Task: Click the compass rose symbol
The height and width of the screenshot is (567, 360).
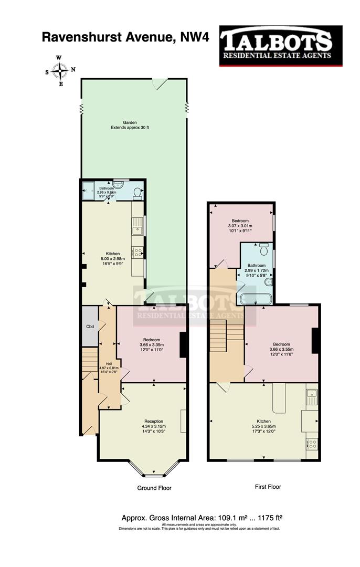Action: coord(60,70)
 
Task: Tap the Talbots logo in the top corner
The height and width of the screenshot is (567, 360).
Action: coord(280,46)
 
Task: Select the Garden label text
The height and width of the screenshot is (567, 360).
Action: coord(130,122)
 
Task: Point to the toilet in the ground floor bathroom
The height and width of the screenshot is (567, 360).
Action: coord(137,193)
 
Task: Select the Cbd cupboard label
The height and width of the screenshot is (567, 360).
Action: coord(90,326)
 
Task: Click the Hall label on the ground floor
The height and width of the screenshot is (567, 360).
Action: coord(109,363)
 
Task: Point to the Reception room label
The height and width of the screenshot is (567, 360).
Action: coord(154,421)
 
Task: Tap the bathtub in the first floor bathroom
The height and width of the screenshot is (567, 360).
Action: coord(255,300)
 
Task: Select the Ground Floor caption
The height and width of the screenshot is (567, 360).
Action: coord(154,488)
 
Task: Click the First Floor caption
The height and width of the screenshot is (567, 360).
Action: coord(268,487)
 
